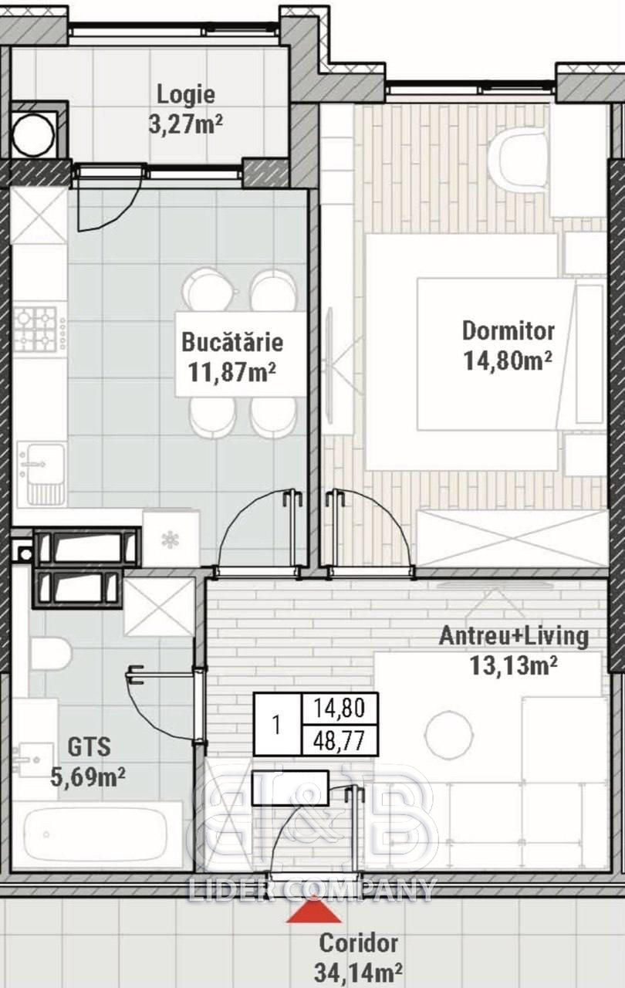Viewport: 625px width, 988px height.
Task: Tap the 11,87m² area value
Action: (x=231, y=372)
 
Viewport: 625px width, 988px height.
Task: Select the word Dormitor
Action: (x=508, y=331)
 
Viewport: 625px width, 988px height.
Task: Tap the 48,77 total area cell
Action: (x=339, y=739)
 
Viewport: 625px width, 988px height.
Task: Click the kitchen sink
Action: (x=42, y=473)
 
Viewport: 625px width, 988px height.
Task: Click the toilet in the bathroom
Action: (x=51, y=653)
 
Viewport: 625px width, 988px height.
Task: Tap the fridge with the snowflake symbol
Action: (x=171, y=539)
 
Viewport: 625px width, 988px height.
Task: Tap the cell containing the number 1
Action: (x=277, y=724)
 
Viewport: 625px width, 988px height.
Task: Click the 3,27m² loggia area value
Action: (x=185, y=124)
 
